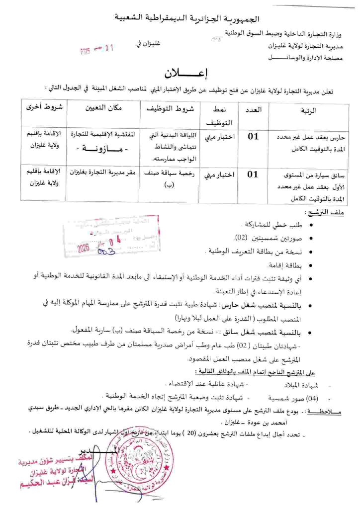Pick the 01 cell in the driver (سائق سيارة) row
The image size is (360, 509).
(x=253, y=174)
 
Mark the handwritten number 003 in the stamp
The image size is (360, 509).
(x=106, y=252)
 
